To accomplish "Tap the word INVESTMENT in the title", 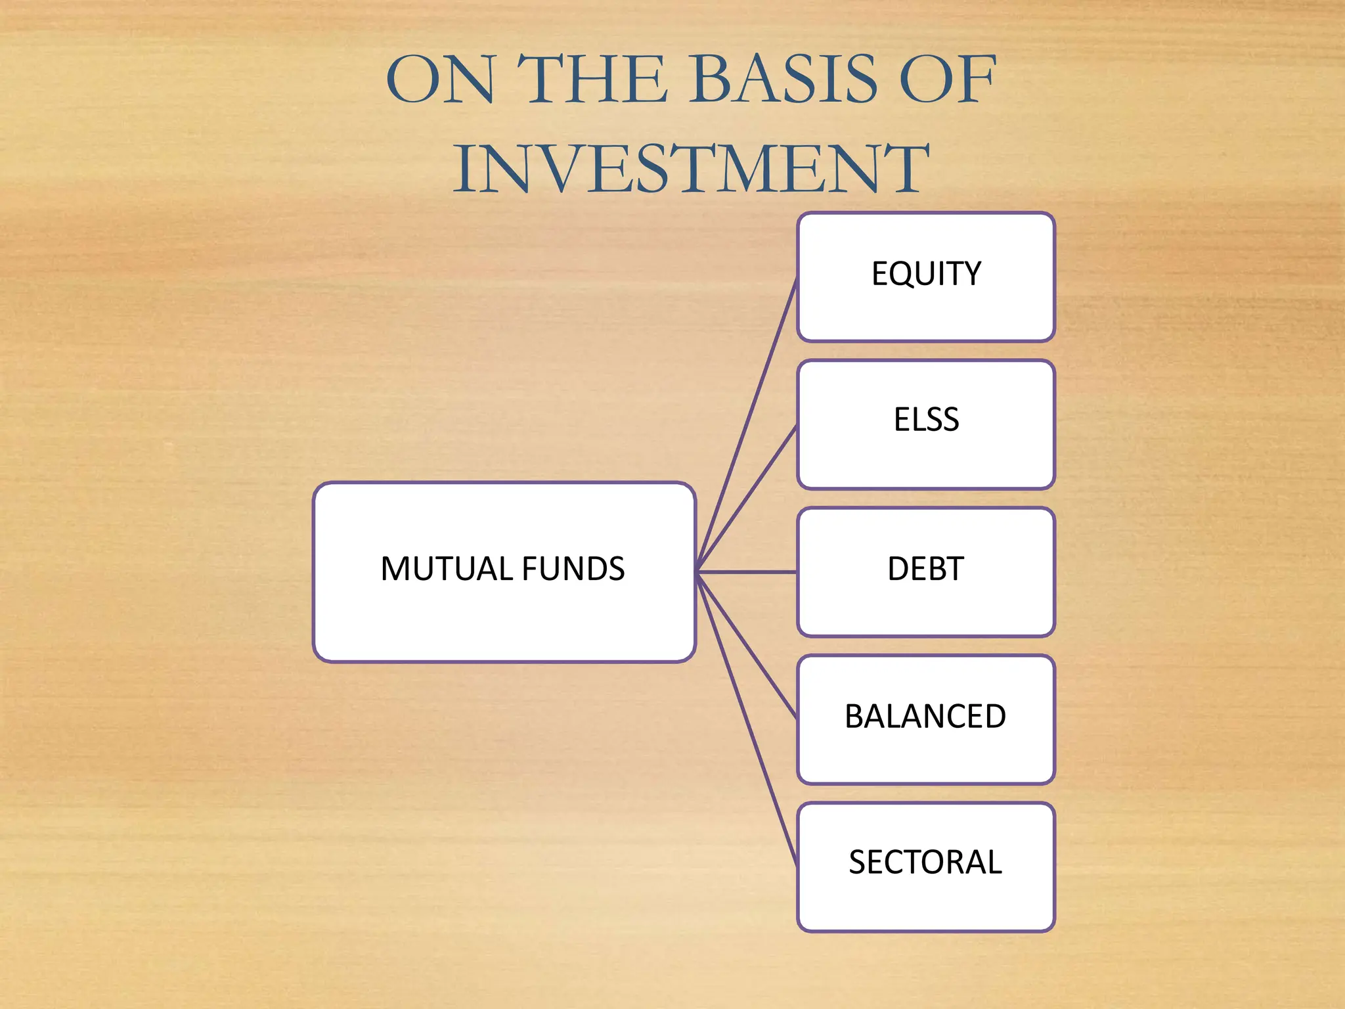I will point(691,169).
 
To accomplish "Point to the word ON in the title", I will point(440,80).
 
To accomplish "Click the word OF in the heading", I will point(947,80).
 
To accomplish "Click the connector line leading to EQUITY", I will point(747,424).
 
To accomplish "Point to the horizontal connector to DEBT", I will point(747,572).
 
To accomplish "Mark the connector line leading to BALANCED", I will point(747,645).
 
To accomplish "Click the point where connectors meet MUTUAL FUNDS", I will point(697,572).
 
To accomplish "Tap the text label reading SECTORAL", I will point(925,862).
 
